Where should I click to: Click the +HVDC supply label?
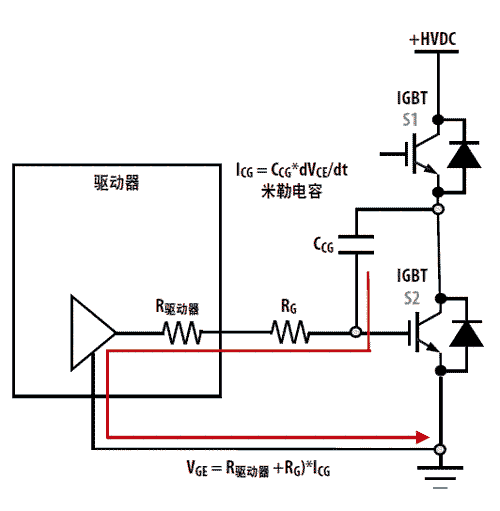(x=433, y=39)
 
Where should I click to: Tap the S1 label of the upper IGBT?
(x=410, y=120)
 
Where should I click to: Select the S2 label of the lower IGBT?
(x=412, y=298)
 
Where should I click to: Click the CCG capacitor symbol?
(x=356, y=245)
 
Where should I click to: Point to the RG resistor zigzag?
(x=291, y=332)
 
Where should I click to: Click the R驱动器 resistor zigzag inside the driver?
(x=183, y=332)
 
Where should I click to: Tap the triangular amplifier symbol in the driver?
(x=93, y=332)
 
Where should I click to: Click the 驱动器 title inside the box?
(x=116, y=182)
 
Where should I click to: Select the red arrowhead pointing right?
(x=423, y=437)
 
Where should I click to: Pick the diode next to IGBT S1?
(x=464, y=154)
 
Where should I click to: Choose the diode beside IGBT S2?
(x=466, y=333)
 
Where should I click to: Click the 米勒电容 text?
(x=292, y=191)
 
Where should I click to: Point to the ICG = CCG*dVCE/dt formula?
(x=292, y=170)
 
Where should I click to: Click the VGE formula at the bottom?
(x=258, y=468)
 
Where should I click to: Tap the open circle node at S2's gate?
(x=356, y=332)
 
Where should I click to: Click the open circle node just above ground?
(x=440, y=449)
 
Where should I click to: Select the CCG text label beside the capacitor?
(x=323, y=245)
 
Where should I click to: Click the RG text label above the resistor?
(x=289, y=306)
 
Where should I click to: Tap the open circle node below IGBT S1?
(x=438, y=209)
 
